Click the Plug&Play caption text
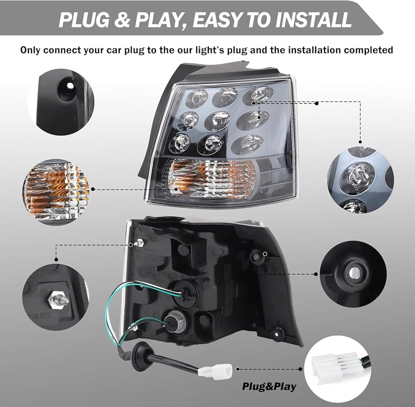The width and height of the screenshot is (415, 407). point(269,387)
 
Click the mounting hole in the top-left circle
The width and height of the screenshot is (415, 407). point(69,86)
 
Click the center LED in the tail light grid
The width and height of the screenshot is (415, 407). point(217,121)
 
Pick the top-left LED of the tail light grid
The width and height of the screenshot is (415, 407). point(196,98)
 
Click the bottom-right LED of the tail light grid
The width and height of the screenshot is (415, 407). point(247,144)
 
